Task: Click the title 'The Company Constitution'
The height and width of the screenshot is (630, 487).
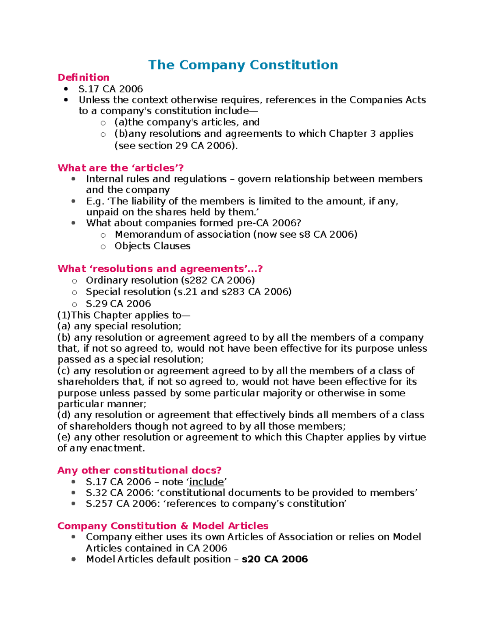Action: pyautogui.click(x=243, y=65)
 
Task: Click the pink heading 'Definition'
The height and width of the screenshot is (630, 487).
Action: pyautogui.click(x=83, y=77)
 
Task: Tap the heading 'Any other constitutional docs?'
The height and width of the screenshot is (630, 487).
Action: pyautogui.click(x=139, y=470)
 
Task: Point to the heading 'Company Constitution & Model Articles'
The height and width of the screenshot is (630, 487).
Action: pyautogui.click(x=163, y=526)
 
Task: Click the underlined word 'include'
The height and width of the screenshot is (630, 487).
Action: pyautogui.click(x=207, y=482)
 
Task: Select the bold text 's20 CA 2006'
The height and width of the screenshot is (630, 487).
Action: pyautogui.click(x=275, y=559)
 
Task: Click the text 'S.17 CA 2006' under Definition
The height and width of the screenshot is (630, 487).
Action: pyautogui.click(x=110, y=89)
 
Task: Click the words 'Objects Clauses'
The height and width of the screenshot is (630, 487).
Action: pyautogui.click(x=152, y=246)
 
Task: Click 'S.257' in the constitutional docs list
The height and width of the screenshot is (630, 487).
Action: pyautogui.click(x=99, y=504)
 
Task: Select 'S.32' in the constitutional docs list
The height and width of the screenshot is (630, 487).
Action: pyautogui.click(x=96, y=493)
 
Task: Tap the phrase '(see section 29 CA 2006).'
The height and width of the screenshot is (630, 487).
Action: pyautogui.click(x=176, y=146)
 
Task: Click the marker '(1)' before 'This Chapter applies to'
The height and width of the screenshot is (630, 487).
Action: pyautogui.click(x=64, y=315)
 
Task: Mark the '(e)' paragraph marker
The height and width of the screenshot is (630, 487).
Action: pyautogui.click(x=64, y=437)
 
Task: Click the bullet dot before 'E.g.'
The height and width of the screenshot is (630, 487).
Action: pyautogui.click(x=73, y=201)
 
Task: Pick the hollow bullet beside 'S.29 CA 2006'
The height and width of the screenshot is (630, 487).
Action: pyautogui.click(x=74, y=304)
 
